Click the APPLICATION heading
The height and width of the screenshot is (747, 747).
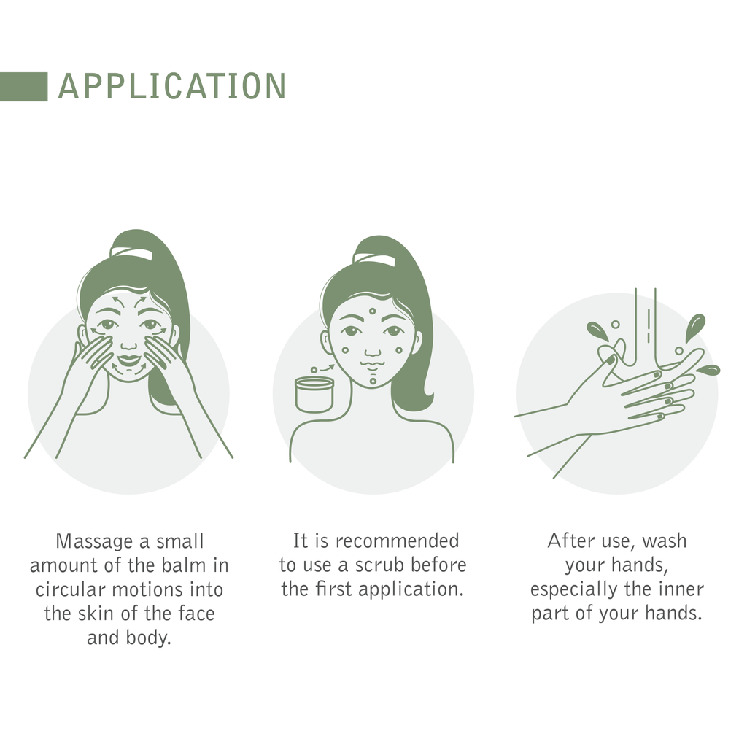click(172, 86)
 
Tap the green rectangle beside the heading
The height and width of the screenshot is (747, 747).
click(24, 87)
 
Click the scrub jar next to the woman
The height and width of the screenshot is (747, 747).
click(314, 395)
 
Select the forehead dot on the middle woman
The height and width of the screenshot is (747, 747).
click(372, 311)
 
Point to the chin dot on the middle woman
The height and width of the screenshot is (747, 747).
click(373, 381)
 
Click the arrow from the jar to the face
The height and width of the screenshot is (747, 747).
click(327, 368)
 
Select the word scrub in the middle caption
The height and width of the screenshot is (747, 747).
click(380, 565)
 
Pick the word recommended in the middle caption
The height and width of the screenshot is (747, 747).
click(398, 541)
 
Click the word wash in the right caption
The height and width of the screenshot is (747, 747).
click(664, 541)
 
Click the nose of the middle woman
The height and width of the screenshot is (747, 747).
click(373, 352)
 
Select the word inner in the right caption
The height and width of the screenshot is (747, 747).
click(681, 589)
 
